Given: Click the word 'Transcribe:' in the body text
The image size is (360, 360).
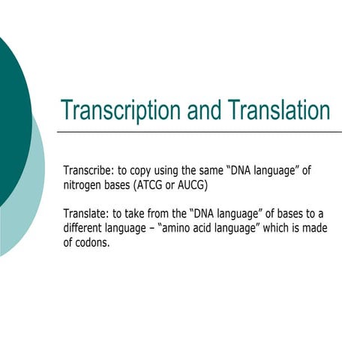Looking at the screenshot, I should pos(88,170).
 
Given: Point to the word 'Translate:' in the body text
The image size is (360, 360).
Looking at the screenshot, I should pos(85,212).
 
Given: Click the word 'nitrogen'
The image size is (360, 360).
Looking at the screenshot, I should pos(85,184).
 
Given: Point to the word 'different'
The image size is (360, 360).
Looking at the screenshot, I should pos(85,227).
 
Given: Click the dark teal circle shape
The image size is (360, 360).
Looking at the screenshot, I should pos(11,112).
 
